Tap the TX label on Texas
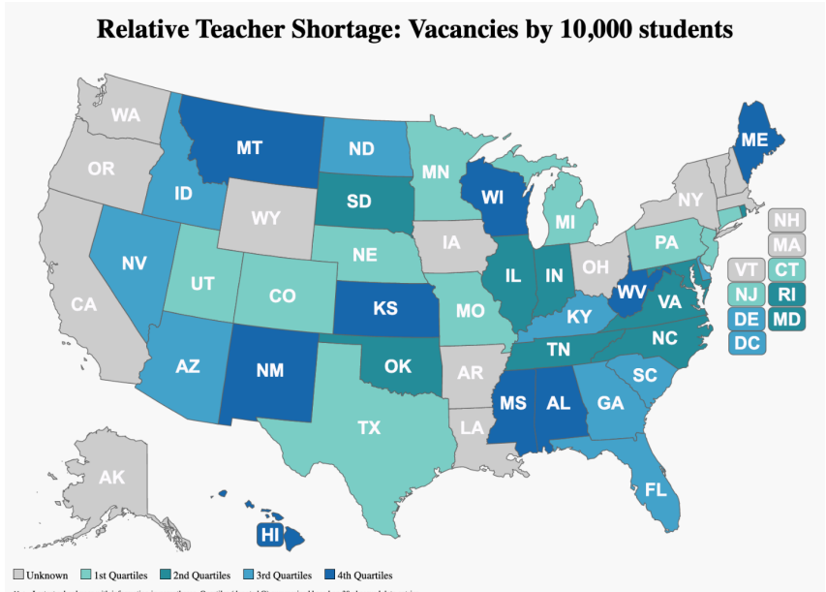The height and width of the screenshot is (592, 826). [369, 427]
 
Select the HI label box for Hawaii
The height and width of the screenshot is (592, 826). [269, 534]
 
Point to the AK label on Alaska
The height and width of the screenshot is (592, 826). [112, 477]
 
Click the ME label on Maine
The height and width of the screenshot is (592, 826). [755, 140]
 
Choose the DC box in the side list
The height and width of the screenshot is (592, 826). [746, 342]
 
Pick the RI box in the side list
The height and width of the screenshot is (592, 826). [786, 294]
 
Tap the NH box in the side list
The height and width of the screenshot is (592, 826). [786, 220]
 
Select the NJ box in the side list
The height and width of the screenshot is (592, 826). [746, 294]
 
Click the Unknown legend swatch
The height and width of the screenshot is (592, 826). [17, 576]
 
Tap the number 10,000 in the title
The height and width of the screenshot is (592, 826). [600, 29]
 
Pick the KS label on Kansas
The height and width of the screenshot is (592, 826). [385, 309]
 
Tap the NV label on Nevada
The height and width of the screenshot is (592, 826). [135, 263]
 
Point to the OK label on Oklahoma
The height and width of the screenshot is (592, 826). [398, 366]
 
